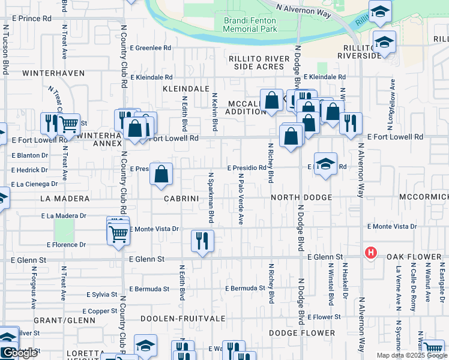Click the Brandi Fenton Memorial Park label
(x=250, y=25)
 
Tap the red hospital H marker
(x=371, y=253)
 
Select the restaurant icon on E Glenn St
(x=202, y=241)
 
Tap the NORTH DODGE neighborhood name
(x=301, y=197)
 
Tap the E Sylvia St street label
(x=101, y=295)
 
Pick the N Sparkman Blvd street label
(x=211, y=198)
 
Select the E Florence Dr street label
(x=66, y=245)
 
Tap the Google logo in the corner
(x=20, y=353)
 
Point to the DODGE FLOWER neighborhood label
(x=301, y=333)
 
